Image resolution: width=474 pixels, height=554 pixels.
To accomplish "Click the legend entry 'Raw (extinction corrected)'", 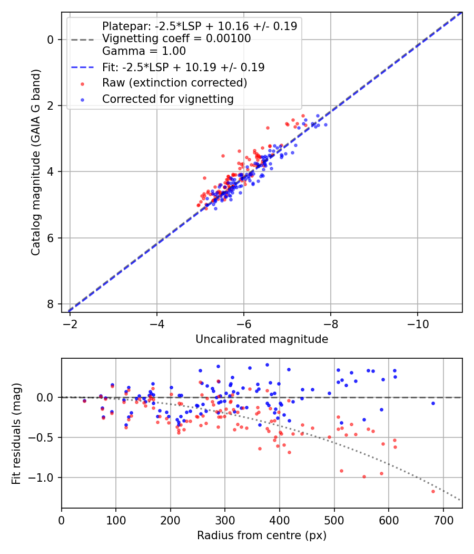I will point(174,83).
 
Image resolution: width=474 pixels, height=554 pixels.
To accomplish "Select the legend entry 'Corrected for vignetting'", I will point(167,99).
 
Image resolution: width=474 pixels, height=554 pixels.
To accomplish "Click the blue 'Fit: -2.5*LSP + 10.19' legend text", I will point(183,67).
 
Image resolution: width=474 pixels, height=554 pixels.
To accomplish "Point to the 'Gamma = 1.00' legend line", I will point(144,51).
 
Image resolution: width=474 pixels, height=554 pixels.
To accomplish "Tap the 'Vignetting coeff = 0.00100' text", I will point(176,39).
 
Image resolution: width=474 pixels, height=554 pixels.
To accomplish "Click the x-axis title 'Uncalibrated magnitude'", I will point(262,339).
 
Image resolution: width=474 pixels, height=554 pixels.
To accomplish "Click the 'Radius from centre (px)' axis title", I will point(262,536).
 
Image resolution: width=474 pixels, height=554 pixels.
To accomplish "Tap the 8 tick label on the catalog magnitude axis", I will point(51,304).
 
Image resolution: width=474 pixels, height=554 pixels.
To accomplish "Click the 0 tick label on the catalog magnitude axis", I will point(51,40).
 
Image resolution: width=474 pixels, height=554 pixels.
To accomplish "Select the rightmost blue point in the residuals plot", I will point(433,403).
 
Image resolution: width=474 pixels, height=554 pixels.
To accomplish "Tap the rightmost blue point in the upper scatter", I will point(325,125).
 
